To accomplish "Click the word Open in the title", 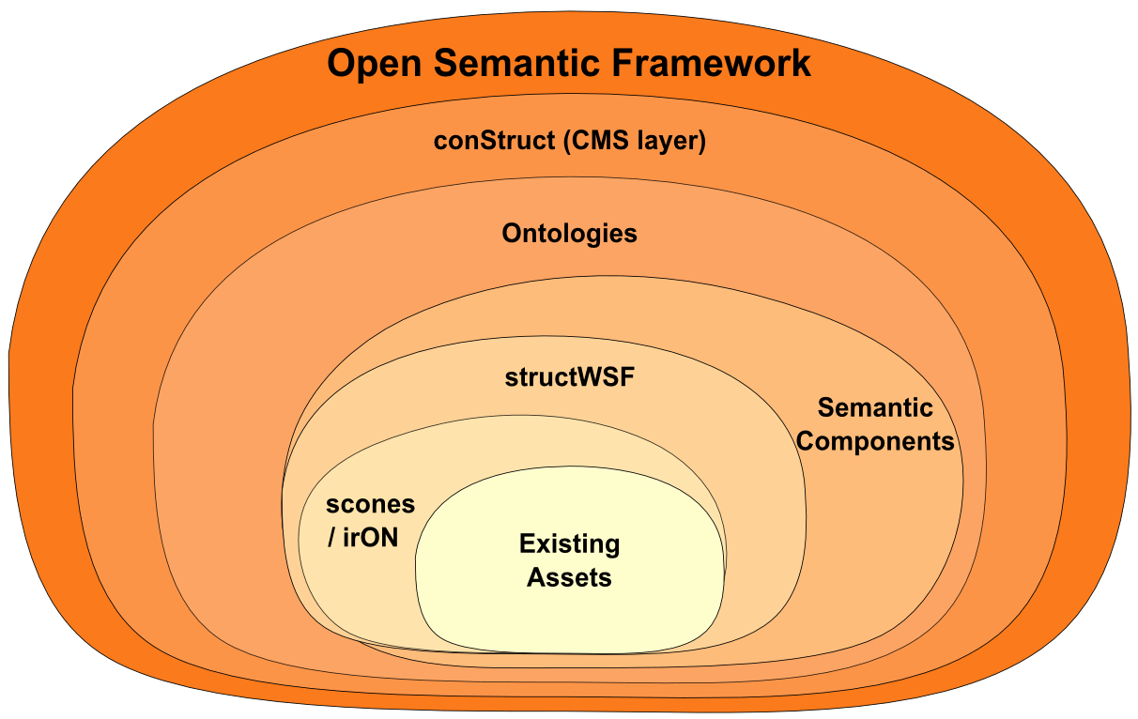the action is click(375, 64).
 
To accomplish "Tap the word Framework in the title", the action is click(712, 63).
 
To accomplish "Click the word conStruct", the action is click(494, 141).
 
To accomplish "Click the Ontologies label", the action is click(569, 235).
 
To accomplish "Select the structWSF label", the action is click(570, 377).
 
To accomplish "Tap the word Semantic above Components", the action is click(875, 407).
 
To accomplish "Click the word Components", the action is click(875, 442).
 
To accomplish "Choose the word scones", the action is click(370, 505).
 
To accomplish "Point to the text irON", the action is click(370, 538).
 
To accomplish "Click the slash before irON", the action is click(331, 538).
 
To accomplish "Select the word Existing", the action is click(570, 544).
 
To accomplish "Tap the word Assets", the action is click(569, 578).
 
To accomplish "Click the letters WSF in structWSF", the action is click(607, 377).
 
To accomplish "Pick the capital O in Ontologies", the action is click(512, 234).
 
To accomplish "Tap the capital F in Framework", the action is click(623, 63).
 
